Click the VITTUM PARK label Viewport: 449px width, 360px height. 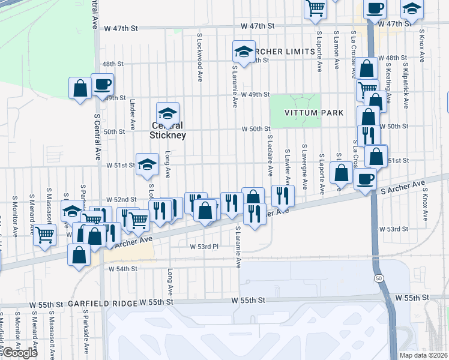point(315,113)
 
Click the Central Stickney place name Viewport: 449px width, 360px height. point(168,131)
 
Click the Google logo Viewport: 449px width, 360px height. point(20,353)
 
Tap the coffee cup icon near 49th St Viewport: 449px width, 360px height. point(102,83)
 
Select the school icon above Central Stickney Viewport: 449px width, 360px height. point(168,112)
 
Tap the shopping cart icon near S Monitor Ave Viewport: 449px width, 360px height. point(44,234)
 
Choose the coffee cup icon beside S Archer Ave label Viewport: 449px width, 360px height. point(365,178)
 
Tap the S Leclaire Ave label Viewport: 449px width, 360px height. point(270,156)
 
